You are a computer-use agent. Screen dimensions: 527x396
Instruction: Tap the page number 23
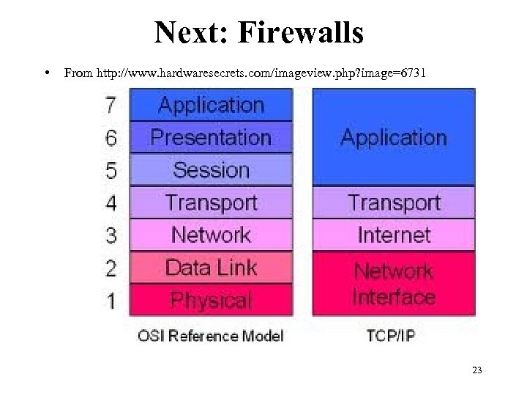(x=477, y=370)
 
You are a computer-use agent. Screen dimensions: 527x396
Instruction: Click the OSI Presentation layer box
(x=211, y=137)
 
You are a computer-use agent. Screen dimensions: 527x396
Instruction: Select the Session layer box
(x=211, y=170)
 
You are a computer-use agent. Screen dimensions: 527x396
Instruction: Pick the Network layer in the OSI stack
(x=211, y=235)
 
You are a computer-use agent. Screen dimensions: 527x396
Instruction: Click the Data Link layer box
(x=211, y=268)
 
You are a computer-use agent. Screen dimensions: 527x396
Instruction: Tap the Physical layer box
(x=211, y=300)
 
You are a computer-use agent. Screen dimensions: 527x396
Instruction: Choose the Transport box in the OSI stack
(x=211, y=202)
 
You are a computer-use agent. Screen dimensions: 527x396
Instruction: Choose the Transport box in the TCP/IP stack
(x=394, y=202)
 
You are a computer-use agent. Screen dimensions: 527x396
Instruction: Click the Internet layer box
(x=394, y=235)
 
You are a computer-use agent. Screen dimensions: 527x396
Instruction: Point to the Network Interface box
(x=394, y=284)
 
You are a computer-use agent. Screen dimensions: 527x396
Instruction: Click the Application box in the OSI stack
(x=211, y=105)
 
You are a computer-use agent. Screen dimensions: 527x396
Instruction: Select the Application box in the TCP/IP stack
(x=394, y=137)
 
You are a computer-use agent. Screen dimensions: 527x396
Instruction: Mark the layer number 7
(x=111, y=106)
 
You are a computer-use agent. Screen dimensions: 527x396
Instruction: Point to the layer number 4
(x=111, y=203)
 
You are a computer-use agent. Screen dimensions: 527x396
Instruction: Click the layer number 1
(x=111, y=301)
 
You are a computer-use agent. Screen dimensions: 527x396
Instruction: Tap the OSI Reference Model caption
(x=211, y=337)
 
